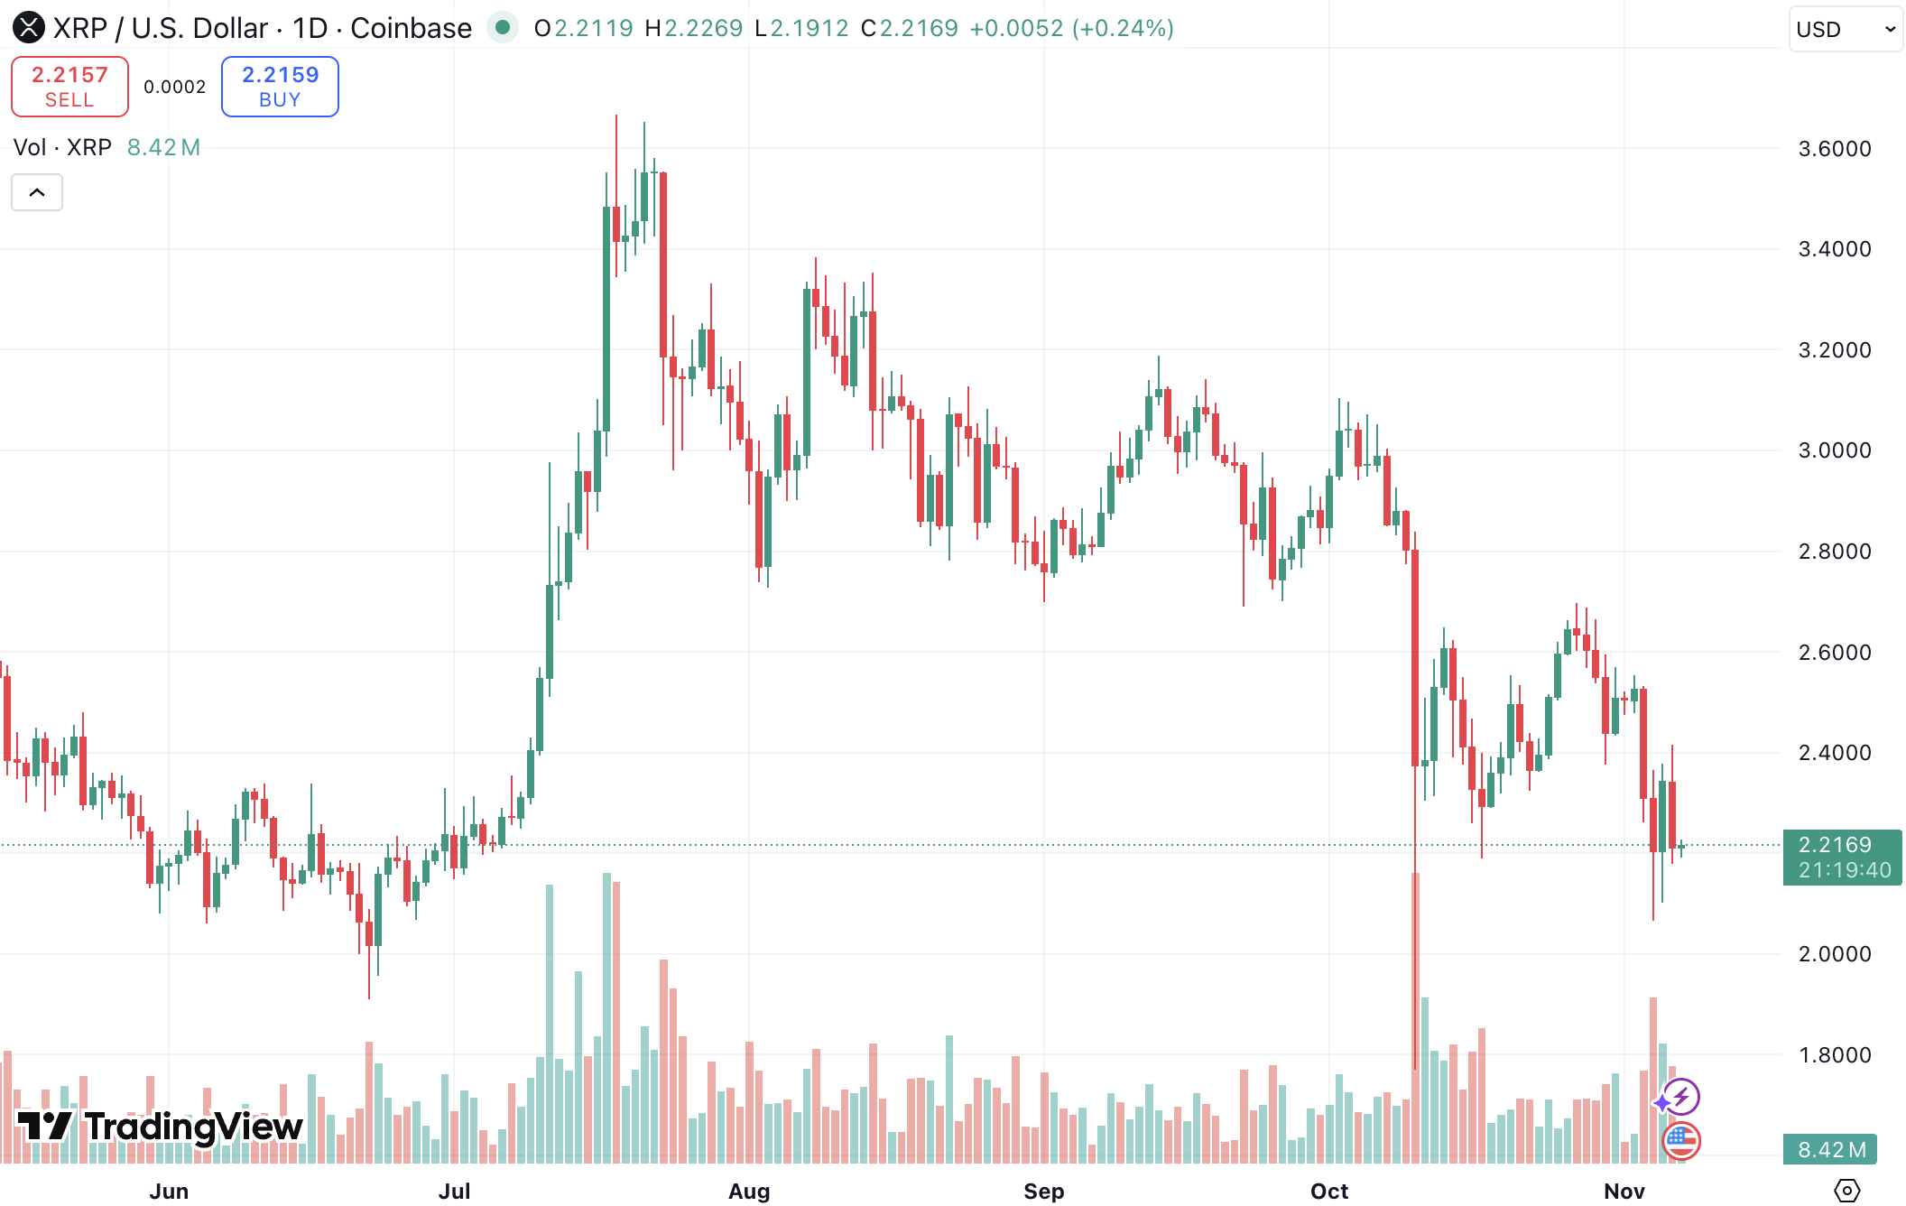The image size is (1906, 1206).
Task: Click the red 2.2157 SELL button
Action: (x=69, y=87)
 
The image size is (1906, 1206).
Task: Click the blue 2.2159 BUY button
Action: (x=280, y=87)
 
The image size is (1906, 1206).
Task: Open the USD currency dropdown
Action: (x=1845, y=29)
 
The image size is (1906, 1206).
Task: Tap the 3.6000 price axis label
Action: (x=1834, y=149)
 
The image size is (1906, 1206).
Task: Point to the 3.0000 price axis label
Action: (x=1834, y=450)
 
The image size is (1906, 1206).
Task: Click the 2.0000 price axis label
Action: (x=1834, y=954)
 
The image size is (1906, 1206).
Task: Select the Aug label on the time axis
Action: (x=748, y=1191)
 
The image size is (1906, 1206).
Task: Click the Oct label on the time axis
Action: (x=1328, y=1191)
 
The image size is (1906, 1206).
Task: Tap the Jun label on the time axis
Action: (x=169, y=1191)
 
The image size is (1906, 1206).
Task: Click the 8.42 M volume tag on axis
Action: (x=1830, y=1149)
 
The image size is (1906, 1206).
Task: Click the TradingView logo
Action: (x=161, y=1127)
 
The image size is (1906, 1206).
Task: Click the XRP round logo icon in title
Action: (x=29, y=28)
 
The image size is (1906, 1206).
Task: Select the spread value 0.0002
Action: (x=175, y=87)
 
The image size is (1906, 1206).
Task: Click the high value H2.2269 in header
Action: (x=694, y=28)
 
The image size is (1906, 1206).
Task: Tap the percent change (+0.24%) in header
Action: (x=1123, y=28)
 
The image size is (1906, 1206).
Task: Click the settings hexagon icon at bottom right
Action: (x=1846, y=1191)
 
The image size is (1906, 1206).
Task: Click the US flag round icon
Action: (x=1680, y=1141)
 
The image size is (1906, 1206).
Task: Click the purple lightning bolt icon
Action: (x=1680, y=1097)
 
